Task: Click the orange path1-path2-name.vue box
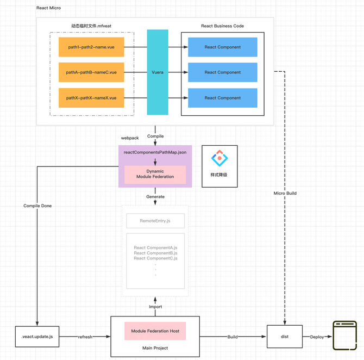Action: (91, 47)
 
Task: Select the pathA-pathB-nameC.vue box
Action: (91, 72)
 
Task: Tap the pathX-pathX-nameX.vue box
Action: (91, 98)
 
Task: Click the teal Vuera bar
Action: (158, 72)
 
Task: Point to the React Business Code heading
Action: (222, 26)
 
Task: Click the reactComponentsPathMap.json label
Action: (155, 152)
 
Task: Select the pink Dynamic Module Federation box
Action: (155, 175)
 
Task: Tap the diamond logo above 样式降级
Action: (219, 158)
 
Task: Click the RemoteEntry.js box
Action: (155, 221)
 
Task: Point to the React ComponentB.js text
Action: (155, 253)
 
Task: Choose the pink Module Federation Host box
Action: (155, 331)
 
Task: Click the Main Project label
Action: (155, 348)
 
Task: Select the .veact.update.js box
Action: (37, 337)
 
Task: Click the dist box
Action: (285, 337)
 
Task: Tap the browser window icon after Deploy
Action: (345, 336)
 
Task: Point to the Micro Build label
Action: (285, 193)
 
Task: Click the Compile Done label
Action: (37, 206)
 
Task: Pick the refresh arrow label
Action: (85, 337)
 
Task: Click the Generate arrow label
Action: (155, 197)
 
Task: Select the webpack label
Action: (130, 138)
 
